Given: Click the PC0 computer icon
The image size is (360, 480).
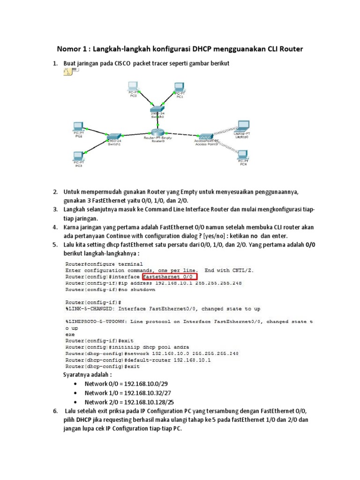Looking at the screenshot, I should pos(133,86).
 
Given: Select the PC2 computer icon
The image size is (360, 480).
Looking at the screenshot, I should pos(78,127).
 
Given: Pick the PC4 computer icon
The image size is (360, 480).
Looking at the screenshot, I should pos(242,155).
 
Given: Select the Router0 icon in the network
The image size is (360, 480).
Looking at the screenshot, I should pos(157,133).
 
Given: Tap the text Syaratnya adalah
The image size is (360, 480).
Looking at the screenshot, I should pos(88,375).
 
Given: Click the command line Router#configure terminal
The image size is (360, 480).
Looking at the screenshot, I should pos(104,264).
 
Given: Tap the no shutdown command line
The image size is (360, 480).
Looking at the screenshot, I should pos(111,290).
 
